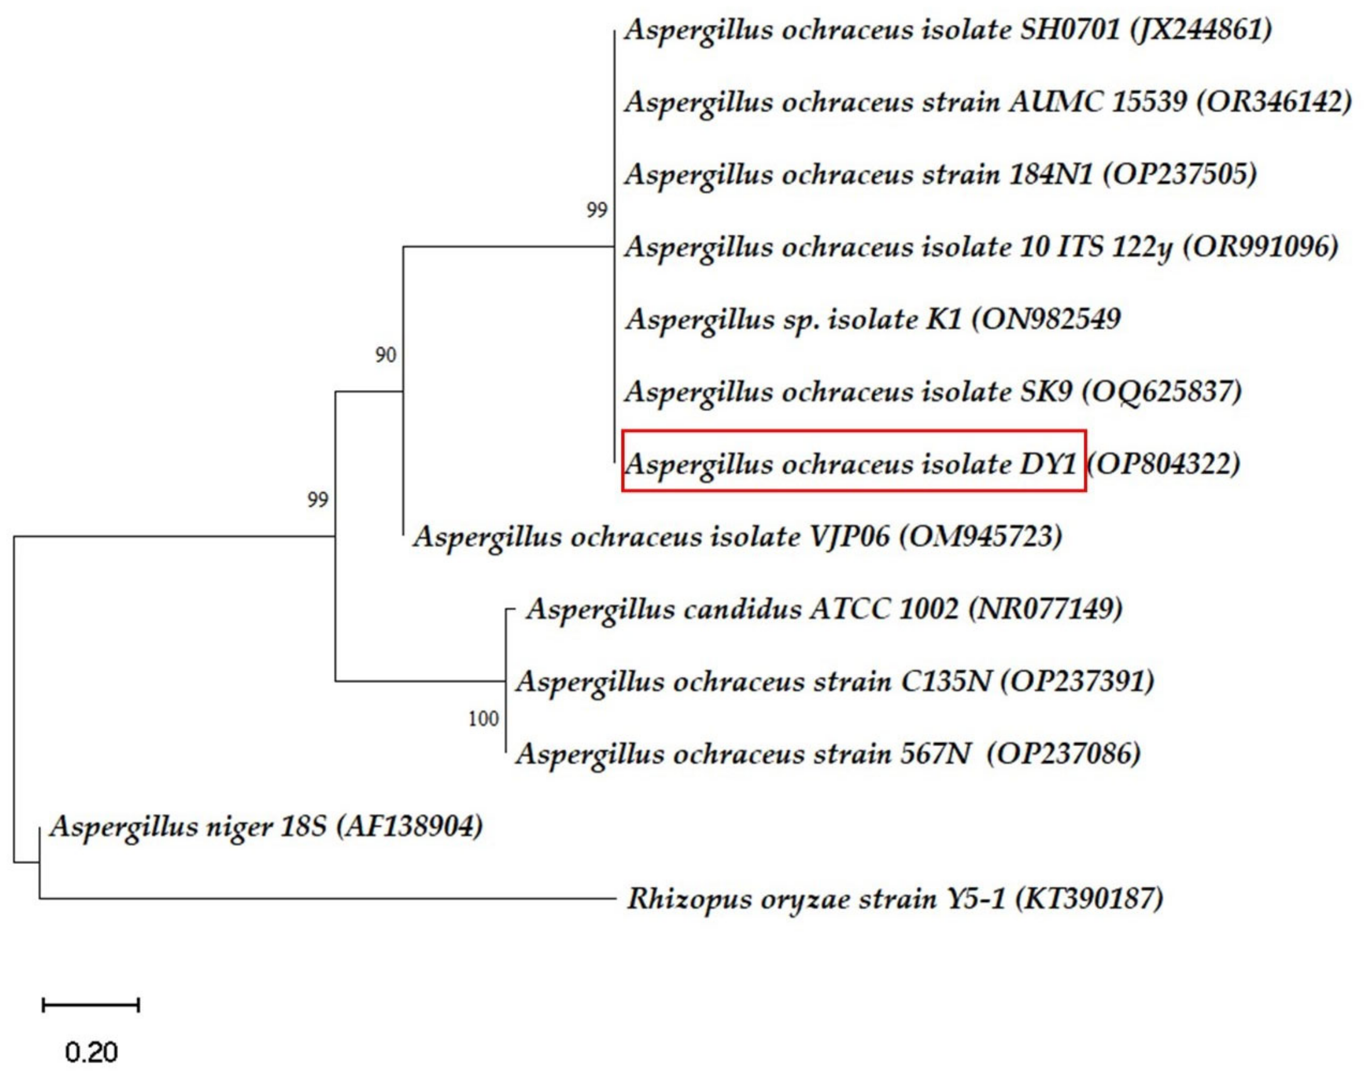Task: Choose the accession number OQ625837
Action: click(x=1162, y=392)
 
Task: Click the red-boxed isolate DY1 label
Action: click(x=853, y=465)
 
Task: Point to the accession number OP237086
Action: click(x=1064, y=754)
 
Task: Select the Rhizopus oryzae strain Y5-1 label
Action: click(x=820, y=899)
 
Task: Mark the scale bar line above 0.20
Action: click(x=91, y=1005)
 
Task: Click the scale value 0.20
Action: click(x=91, y=1052)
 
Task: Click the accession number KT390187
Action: click(x=1089, y=899)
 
